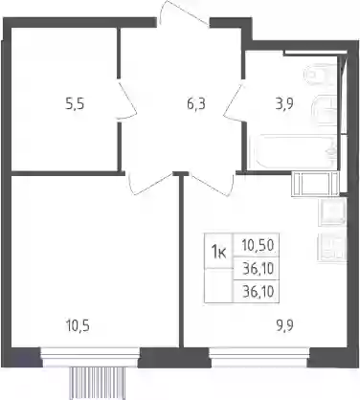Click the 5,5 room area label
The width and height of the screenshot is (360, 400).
point(75,104)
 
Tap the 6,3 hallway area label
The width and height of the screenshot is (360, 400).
point(196,104)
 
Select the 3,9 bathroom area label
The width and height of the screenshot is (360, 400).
point(284,104)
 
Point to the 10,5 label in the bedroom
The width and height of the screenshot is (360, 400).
point(78,326)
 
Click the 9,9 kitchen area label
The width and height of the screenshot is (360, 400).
point(284,326)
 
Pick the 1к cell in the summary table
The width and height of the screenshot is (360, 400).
point(219,254)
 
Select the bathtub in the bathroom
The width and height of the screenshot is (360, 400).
point(293,152)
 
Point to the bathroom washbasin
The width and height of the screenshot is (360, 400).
point(324,110)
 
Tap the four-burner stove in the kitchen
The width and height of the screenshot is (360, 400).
point(332,247)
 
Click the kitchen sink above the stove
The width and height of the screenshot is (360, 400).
point(332,211)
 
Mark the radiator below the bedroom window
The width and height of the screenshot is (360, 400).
point(97,383)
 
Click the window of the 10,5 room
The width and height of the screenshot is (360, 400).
point(91,357)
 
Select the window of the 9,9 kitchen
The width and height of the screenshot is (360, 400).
point(259,357)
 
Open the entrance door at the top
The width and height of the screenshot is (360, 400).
point(183,12)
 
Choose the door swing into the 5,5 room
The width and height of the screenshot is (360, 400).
point(127,100)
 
